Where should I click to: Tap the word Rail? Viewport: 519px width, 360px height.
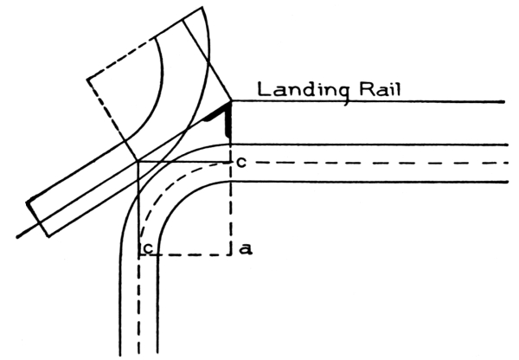381,88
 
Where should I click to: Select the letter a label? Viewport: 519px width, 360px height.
246,249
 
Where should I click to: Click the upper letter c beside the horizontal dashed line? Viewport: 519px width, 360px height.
241,163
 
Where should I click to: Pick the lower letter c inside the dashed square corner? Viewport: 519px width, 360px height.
149,247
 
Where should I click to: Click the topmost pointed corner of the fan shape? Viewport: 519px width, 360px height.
202,7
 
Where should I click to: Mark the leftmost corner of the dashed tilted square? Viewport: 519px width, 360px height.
87,79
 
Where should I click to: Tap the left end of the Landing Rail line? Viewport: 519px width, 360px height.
232,100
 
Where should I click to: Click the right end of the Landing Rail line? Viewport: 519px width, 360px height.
504,101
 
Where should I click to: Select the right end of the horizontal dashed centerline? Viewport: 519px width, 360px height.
508,163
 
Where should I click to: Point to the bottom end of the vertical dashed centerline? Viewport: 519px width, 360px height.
139,354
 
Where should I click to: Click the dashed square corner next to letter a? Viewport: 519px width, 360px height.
231,254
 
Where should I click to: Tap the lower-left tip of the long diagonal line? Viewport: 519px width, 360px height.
17,237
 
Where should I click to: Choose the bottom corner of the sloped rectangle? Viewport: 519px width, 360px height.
49,236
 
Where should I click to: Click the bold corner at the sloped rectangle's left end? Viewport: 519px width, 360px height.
28,202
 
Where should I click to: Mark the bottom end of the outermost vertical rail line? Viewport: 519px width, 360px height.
120,356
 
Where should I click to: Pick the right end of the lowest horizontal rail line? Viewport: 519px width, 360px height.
508,182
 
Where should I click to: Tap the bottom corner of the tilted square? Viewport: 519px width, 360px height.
138,161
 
